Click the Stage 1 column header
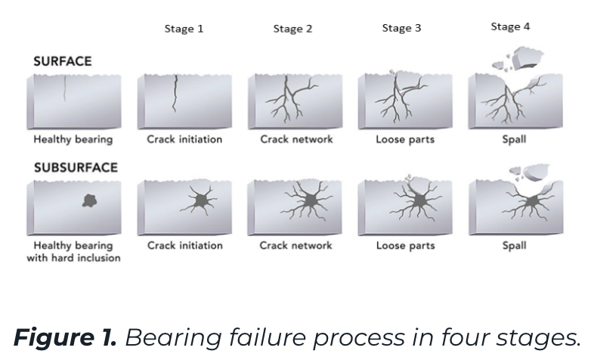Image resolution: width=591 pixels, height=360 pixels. click(184, 29)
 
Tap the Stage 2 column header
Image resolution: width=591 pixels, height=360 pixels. click(293, 29)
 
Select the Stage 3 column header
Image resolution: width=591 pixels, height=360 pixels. click(401, 28)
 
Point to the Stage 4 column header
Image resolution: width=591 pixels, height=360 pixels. click(510, 26)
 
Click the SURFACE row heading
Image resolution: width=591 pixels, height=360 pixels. click(63, 61)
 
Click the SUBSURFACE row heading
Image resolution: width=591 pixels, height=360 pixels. click(76, 167)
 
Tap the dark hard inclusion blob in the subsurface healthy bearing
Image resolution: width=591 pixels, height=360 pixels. click(90, 200)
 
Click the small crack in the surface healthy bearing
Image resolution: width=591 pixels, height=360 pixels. click(65, 88)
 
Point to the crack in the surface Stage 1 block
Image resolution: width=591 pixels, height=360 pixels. click(175, 94)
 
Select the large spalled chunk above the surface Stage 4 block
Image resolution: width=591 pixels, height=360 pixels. click(526, 57)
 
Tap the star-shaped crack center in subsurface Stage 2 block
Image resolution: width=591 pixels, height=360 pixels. click(309, 200)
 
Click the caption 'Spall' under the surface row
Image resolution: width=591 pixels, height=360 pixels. click(514, 139)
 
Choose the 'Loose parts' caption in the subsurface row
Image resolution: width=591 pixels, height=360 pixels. click(406, 246)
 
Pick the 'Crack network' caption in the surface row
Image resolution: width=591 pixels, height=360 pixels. click(296, 139)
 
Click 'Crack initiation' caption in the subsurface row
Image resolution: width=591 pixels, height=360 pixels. click(185, 245)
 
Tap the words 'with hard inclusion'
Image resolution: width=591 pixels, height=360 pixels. click(74, 258)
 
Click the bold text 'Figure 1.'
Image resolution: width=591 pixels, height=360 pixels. click(65, 337)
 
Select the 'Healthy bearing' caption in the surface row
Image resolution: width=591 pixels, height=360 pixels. click(73, 140)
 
